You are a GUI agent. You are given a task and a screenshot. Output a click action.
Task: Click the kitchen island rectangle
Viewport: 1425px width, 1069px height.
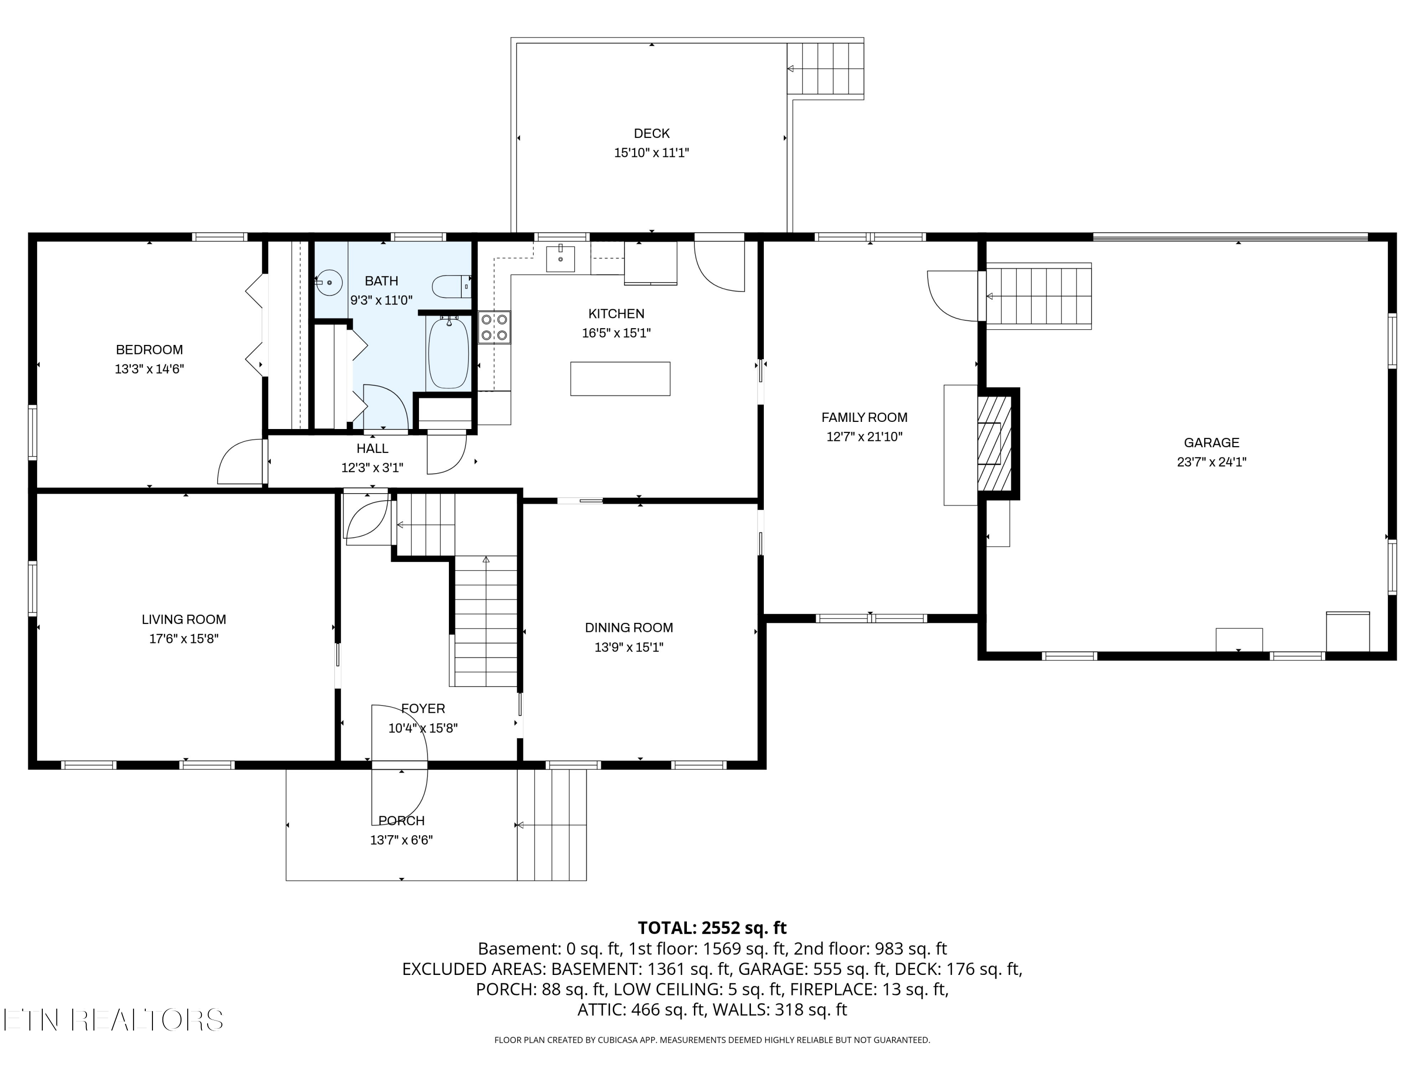(620, 378)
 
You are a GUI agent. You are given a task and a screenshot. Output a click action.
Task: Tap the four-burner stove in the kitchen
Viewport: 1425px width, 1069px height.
(494, 327)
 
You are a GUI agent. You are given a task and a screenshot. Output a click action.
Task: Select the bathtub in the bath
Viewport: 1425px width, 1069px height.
(449, 353)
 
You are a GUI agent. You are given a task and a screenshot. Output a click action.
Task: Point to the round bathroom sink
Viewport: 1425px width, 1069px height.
(329, 282)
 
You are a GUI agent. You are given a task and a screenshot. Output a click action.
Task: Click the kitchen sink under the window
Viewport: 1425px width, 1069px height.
(560, 259)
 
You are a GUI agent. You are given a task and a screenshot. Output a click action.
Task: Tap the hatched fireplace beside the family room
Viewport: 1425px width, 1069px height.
(995, 443)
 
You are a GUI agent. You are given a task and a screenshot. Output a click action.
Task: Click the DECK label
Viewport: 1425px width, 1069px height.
(652, 134)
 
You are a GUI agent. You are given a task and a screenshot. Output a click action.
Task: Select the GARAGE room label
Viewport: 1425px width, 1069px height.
(1212, 443)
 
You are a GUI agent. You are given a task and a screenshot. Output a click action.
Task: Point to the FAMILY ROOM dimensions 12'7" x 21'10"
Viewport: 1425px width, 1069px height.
(864, 437)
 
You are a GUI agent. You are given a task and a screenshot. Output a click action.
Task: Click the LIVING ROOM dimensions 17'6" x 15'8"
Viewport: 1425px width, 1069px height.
(184, 639)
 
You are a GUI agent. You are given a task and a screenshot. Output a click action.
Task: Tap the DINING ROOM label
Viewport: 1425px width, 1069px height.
(629, 628)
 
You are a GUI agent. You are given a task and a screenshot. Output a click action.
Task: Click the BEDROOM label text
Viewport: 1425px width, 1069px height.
(150, 350)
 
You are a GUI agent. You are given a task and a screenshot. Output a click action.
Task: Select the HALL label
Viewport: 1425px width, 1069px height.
(372, 449)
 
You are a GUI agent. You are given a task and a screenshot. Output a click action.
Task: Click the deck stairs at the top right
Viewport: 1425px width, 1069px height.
(825, 68)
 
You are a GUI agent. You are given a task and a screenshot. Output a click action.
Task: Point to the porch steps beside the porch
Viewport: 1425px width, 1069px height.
(552, 825)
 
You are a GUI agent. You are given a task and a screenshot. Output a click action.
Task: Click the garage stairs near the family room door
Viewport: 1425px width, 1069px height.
(1038, 296)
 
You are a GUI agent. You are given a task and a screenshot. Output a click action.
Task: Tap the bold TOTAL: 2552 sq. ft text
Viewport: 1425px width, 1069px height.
(712, 928)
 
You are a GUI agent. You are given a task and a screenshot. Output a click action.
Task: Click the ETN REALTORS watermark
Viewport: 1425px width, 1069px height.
(114, 1020)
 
